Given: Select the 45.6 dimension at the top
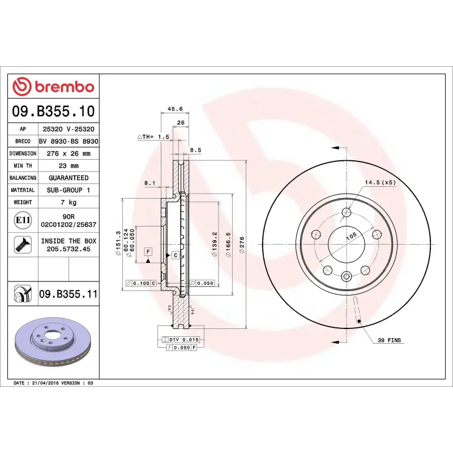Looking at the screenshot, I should click(x=176, y=109).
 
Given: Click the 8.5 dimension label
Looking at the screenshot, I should click(x=195, y=150).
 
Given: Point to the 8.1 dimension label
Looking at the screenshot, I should click(x=149, y=183).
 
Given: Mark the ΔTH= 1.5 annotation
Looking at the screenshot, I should click(x=153, y=137).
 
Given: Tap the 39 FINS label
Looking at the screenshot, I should click(x=389, y=340).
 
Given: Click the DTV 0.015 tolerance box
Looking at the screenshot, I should click(x=183, y=339).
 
